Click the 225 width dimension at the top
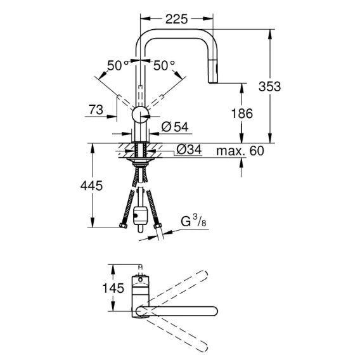point(177,19)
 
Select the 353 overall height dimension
point(269,87)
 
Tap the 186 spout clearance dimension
point(242,113)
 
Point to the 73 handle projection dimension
point(96,110)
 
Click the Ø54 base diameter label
point(175,127)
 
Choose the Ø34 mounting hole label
point(189,150)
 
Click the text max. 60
point(240,151)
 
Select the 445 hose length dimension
point(91,186)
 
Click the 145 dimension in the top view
point(113,288)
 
